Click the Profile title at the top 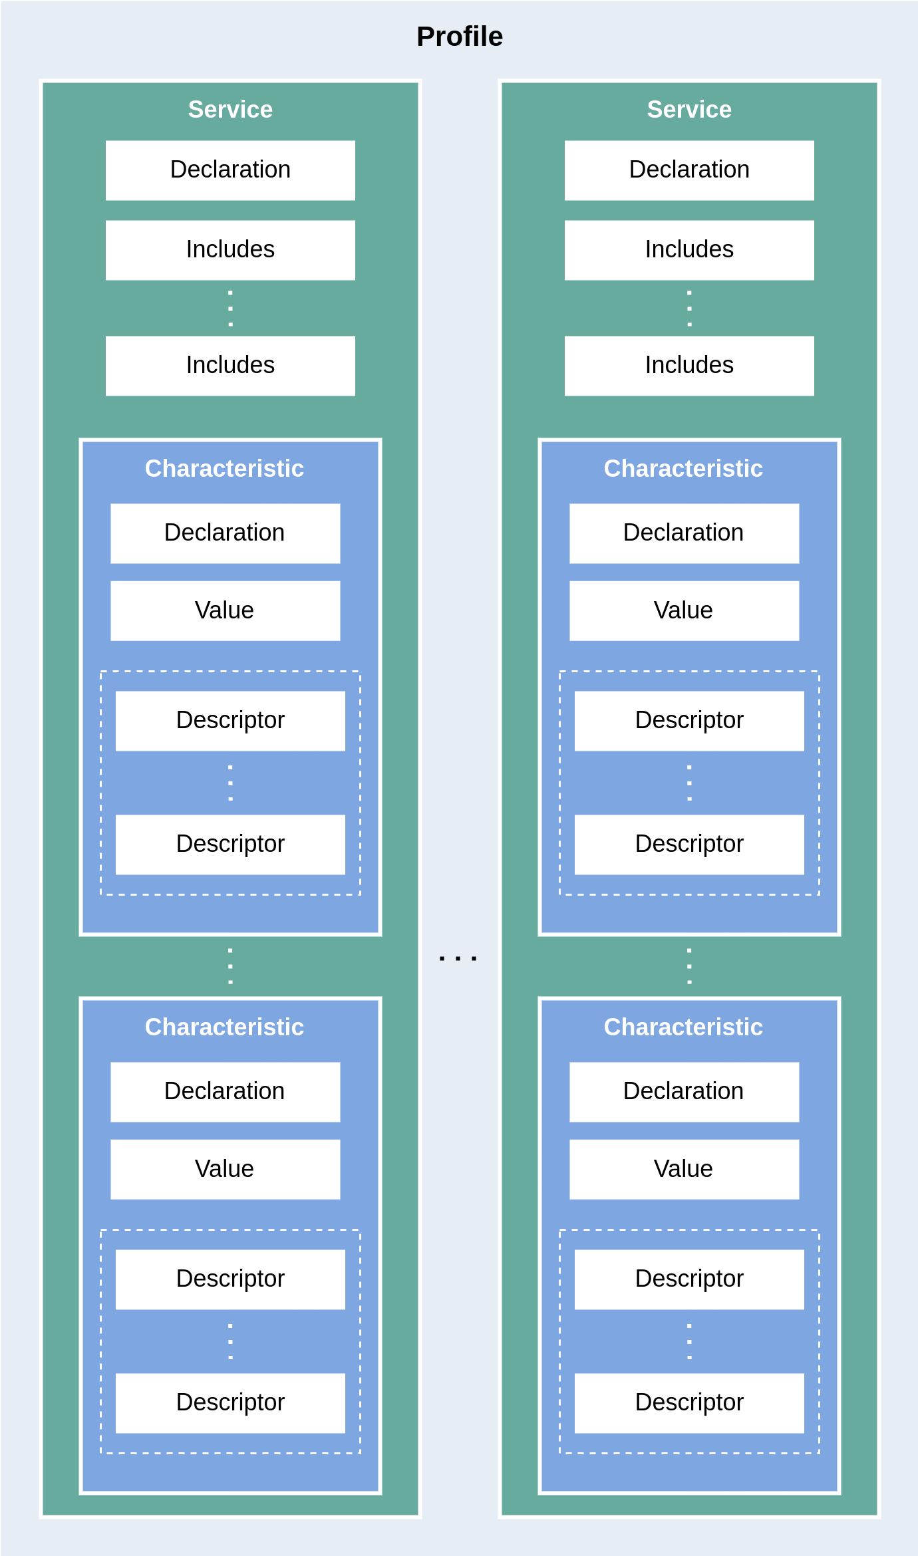tap(459, 37)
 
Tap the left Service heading tap(230, 109)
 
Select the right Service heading tap(689, 109)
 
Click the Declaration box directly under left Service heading tap(230, 170)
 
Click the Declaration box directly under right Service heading tap(689, 170)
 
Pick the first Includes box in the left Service tap(230, 250)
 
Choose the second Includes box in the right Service tap(689, 366)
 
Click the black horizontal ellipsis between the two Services tap(458, 958)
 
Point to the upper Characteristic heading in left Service tap(224, 469)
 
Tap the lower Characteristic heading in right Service tap(683, 1027)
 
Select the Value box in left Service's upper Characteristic tap(225, 610)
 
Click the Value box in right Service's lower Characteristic tap(684, 1169)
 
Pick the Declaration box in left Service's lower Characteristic tap(225, 1092)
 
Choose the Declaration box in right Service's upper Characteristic tap(684, 533)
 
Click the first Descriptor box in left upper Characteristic tap(230, 721)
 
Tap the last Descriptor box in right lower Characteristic tap(689, 1403)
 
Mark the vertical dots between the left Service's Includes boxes tap(230, 309)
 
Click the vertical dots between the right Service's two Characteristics tap(689, 966)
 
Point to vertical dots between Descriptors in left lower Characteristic tap(230, 1341)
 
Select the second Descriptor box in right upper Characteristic tap(689, 844)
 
